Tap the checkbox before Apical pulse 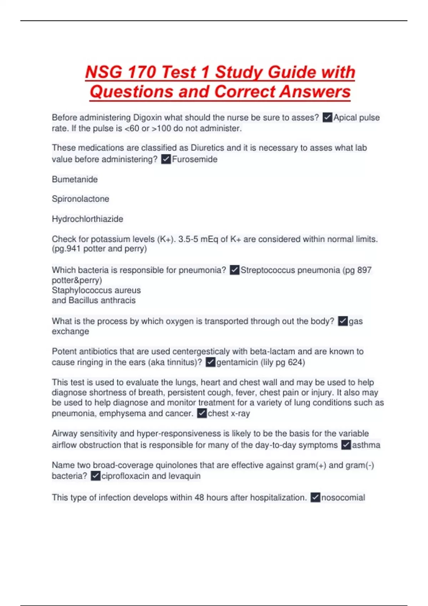(x=327, y=117)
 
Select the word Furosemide (x=195, y=159)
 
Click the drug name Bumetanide (x=75, y=179)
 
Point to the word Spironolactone (x=81, y=199)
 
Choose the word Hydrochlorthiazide (x=87, y=219)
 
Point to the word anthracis (x=118, y=301)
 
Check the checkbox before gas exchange (x=343, y=321)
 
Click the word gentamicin (x=237, y=363)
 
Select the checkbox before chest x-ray (x=202, y=414)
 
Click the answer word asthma (x=366, y=445)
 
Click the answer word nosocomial (x=343, y=498)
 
